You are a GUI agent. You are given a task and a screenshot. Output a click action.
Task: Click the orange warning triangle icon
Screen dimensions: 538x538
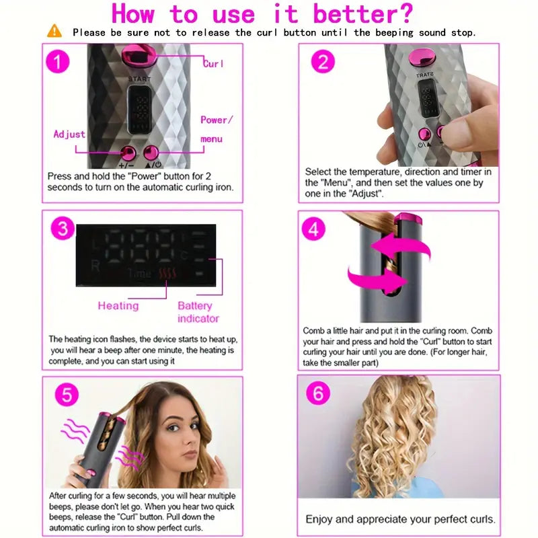pos(54,31)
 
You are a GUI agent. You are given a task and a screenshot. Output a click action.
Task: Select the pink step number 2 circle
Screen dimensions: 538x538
pos(323,63)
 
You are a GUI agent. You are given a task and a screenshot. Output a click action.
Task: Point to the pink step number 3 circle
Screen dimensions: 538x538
pos(63,229)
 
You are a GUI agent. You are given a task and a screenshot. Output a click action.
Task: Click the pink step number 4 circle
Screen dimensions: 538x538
pos(313,229)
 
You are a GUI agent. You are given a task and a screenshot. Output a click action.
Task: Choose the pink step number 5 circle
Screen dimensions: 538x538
pos(65,395)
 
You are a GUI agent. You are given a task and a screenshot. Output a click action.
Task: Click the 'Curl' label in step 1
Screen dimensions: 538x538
pos(214,64)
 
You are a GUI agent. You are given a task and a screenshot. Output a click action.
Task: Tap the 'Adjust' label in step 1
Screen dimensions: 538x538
pos(69,134)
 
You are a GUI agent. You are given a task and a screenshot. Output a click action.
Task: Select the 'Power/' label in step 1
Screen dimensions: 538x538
pos(217,120)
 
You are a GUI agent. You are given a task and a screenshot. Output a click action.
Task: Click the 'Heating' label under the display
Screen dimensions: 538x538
pos(118,306)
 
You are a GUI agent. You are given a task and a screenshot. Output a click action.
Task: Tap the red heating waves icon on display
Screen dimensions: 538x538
pos(166,273)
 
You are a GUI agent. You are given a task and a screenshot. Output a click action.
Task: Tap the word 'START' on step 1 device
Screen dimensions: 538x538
pos(142,79)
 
